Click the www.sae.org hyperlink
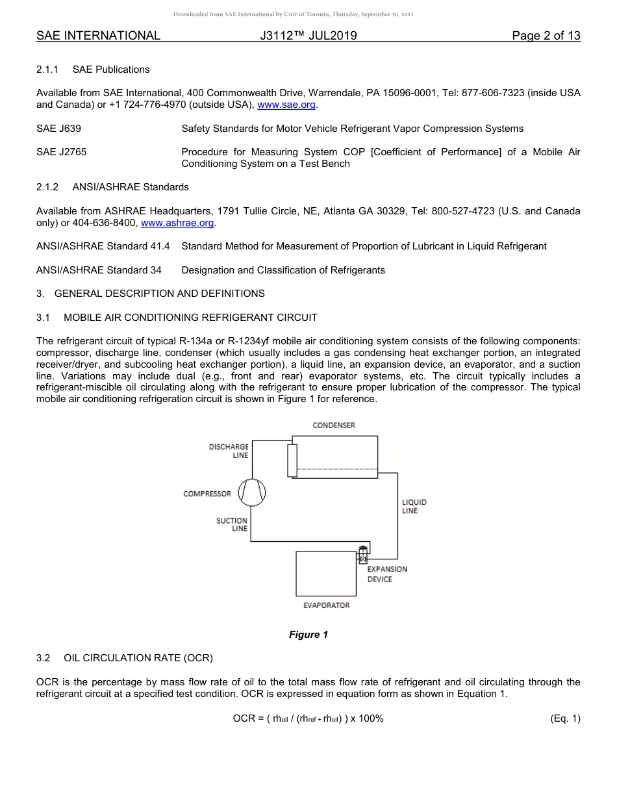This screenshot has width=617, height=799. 286,105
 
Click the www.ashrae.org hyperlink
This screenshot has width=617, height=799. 177,223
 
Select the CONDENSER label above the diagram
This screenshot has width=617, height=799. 334,425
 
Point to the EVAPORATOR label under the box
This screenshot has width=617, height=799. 326,605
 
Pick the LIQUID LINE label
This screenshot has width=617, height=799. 414,507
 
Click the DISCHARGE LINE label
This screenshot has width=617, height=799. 229,451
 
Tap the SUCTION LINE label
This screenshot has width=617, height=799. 232,525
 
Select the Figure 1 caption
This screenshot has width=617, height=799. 308,635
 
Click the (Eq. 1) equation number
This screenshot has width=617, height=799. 564,718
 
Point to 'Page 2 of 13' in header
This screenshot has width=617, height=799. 546,36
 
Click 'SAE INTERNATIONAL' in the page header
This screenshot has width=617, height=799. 98,36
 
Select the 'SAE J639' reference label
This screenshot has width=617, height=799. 58,129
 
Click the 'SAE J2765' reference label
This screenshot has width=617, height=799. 61,152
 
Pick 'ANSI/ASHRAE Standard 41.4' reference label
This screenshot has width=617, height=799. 103,246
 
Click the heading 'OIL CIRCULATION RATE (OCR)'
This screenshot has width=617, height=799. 138,658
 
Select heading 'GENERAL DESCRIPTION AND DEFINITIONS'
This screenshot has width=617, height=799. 159,294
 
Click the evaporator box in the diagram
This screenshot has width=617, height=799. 325,574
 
